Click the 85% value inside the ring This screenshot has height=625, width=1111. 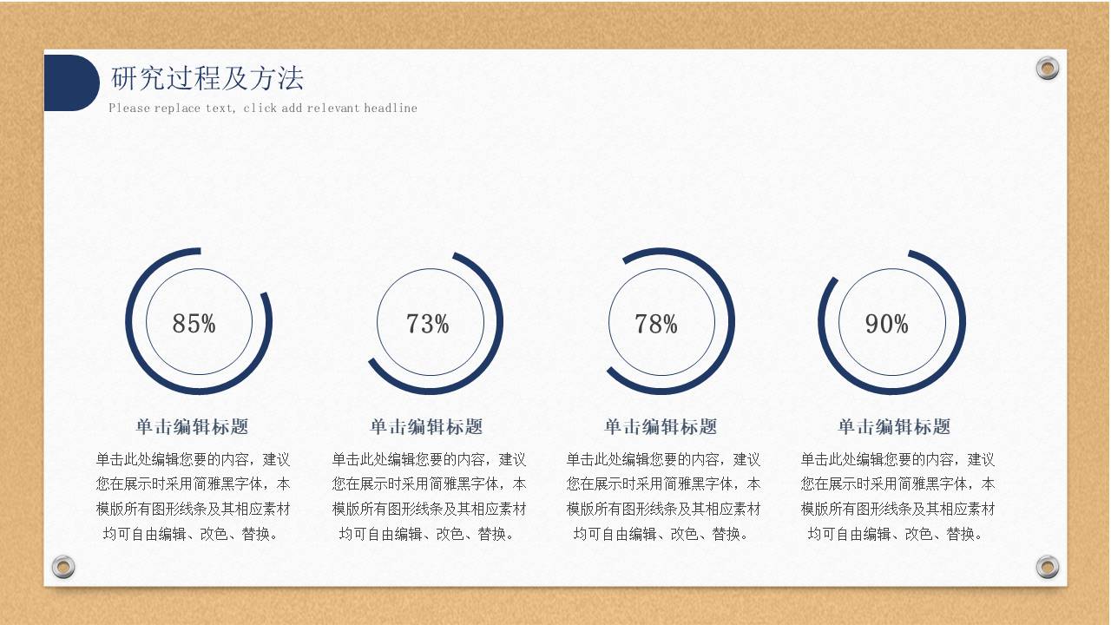click(194, 324)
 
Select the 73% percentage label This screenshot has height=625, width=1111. click(428, 324)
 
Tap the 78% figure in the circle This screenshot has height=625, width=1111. click(656, 324)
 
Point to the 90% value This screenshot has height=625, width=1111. click(887, 324)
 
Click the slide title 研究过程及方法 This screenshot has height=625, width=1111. click(207, 78)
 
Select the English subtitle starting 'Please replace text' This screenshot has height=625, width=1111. click(263, 109)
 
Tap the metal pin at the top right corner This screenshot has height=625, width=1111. click(1048, 68)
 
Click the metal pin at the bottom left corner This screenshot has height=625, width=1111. click(63, 567)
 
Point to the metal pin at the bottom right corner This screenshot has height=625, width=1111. click(1048, 567)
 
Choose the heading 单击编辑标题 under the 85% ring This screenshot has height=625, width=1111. click(193, 426)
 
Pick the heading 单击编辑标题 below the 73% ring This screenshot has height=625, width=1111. click(427, 426)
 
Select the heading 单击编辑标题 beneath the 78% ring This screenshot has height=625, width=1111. click(661, 426)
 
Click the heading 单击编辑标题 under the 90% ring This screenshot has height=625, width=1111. click(894, 426)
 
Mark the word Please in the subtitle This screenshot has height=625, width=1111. click(129, 109)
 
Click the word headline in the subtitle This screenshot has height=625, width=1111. click(391, 109)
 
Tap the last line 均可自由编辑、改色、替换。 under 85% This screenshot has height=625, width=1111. click(193, 534)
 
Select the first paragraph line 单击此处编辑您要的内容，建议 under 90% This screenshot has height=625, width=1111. click(897, 459)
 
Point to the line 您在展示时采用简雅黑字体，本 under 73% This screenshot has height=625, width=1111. click(429, 484)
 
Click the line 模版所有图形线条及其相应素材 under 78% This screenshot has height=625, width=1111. click(663, 509)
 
